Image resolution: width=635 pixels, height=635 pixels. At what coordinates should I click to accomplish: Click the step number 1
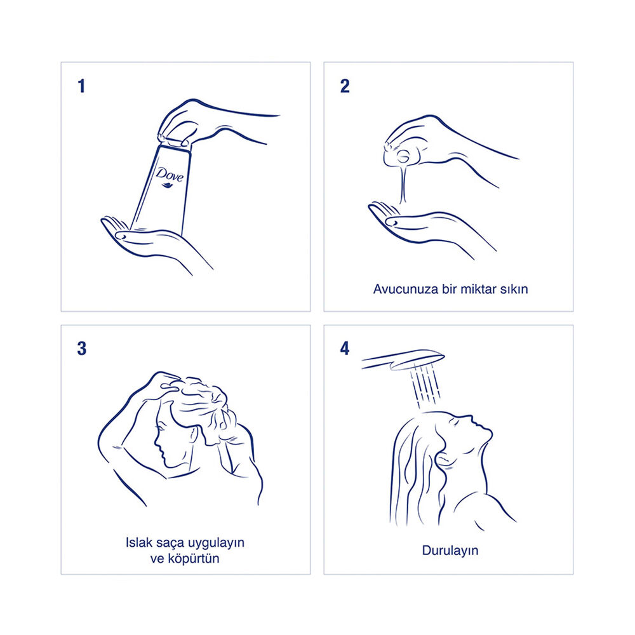(81, 86)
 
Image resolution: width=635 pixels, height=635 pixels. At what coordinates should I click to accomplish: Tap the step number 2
(345, 86)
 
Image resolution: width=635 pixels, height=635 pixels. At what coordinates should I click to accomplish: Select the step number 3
(82, 348)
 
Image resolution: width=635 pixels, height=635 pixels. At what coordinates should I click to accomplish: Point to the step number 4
(345, 348)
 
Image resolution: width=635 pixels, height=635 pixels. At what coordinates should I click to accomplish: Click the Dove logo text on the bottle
(170, 174)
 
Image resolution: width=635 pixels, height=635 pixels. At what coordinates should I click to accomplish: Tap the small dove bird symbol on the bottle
(167, 185)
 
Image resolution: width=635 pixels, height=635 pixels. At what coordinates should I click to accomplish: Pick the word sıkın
(514, 289)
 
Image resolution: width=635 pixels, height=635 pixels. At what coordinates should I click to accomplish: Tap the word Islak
(138, 542)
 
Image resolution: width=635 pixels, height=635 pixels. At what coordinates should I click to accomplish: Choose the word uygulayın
(215, 544)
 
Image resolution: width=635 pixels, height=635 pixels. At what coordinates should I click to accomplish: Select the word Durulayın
(450, 551)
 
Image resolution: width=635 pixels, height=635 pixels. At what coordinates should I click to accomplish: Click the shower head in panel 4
(403, 359)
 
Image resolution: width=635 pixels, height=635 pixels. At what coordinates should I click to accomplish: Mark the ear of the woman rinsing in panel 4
(443, 460)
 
